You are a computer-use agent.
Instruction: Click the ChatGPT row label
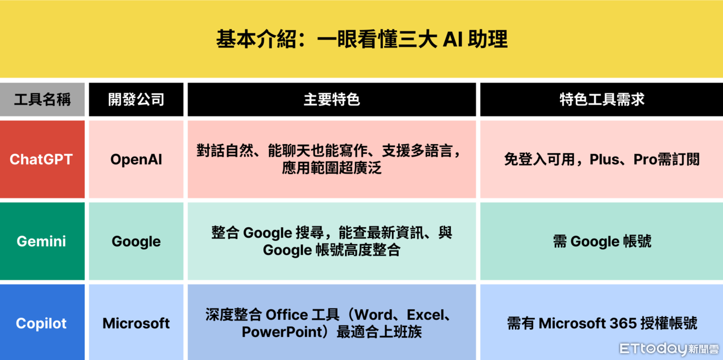[x=41, y=159]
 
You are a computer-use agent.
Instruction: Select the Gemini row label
[x=41, y=241]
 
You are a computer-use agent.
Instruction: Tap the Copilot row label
[x=41, y=323]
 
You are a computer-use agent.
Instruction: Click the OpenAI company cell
[x=136, y=159]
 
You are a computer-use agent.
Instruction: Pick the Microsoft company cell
[x=136, y=323]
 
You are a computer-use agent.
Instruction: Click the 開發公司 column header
[x=136, y=99]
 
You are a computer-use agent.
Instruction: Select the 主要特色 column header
[x=332, y=99]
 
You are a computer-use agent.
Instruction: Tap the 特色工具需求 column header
[x=602, y=99]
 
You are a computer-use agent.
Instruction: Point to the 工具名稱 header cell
[x=42, y=99]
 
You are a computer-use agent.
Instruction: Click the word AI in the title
[x=453, y=39]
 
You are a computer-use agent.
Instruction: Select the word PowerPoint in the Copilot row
[x=282, y=332]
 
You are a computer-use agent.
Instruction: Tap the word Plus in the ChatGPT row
[x=604, y=159]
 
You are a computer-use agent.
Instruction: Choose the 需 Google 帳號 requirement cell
[x=602, y=241]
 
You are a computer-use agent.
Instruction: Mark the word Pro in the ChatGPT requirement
[x=645, y=159]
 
